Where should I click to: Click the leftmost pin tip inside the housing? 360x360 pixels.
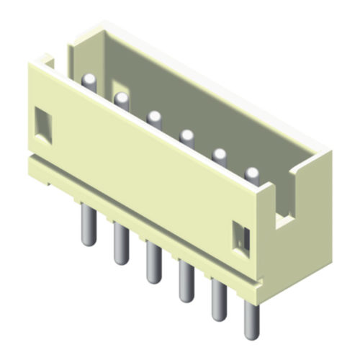point(89,78)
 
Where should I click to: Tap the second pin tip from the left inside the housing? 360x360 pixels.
point(121,97)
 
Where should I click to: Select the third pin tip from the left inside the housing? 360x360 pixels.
point(153,115)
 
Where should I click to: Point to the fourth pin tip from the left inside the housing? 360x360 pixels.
point(186,134)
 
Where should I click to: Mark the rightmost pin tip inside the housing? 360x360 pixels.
point(252,172)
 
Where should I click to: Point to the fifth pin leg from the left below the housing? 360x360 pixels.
point(217,300)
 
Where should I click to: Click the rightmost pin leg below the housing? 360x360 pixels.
point(251,320)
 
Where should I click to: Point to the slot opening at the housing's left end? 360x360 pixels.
point(48,65)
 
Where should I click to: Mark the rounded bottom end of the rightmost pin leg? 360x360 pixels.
point(251,336)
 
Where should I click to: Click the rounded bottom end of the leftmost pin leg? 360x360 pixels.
point(88,241)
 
